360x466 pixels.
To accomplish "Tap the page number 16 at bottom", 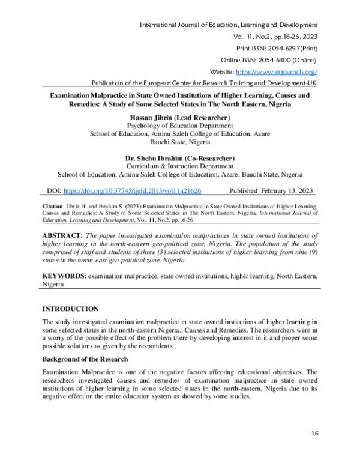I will point(314,433).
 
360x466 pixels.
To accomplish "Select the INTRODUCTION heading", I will point(70,309).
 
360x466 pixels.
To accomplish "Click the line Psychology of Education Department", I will point(180,126).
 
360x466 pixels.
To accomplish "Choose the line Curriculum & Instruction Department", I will point(180,166).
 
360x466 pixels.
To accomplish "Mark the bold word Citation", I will point(53,206).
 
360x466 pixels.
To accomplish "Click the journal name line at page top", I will point(228,25).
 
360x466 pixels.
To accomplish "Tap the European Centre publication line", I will point(203,83).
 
